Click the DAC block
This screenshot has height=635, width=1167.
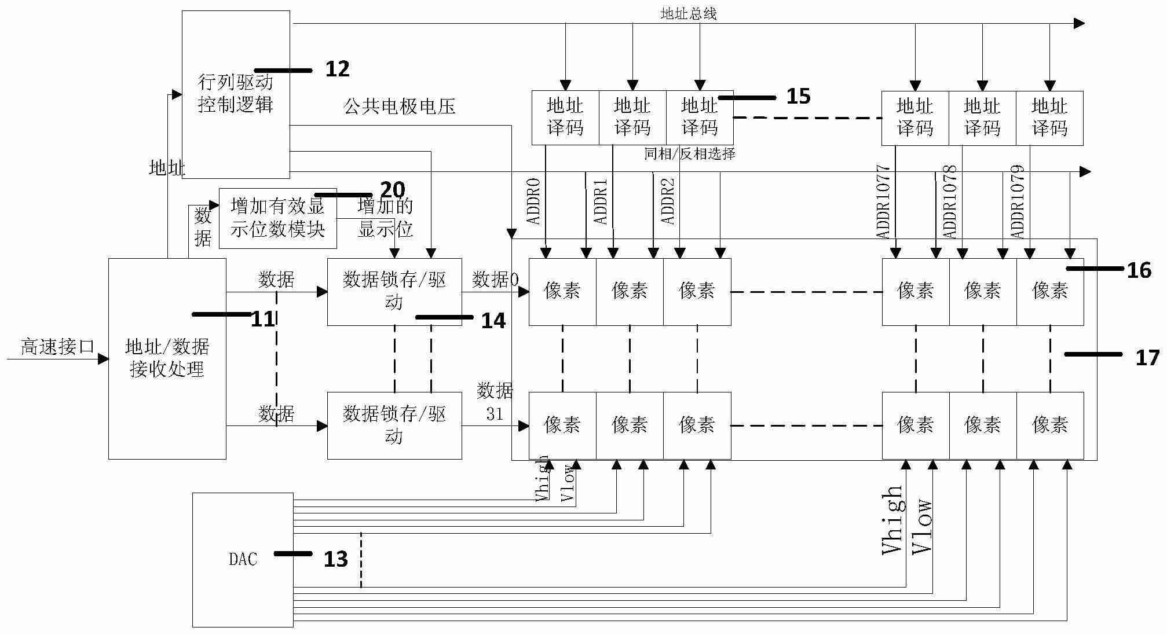point(243,559)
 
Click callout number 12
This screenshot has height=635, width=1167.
point(337,69)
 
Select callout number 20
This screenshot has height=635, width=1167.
point(392,190)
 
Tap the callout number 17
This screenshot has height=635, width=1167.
point(1147,358)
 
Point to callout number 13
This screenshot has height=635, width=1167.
point(335,559)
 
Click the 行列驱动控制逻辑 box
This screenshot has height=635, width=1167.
point(236,94)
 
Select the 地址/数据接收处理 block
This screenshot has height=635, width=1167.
point(167,358)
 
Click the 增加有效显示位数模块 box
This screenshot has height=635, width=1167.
point(277,218)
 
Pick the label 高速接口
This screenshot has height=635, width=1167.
point(57,347)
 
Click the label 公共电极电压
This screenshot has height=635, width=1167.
point(400,107)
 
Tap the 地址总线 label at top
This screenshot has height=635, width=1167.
point(688,14)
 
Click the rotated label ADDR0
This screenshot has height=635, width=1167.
point(533,201)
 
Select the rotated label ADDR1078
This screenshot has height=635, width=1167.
point(950,202)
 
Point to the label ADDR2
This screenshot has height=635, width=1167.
point(668,201)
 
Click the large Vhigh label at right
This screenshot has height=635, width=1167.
point(892,520)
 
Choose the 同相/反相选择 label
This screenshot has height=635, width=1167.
point(689,154)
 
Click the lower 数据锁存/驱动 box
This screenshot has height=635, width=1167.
point(394,425)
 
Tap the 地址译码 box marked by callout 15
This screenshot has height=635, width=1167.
point(700,118)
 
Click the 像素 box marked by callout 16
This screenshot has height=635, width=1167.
point(1049,291)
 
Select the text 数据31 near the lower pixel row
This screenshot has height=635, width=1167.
point(495,402)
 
